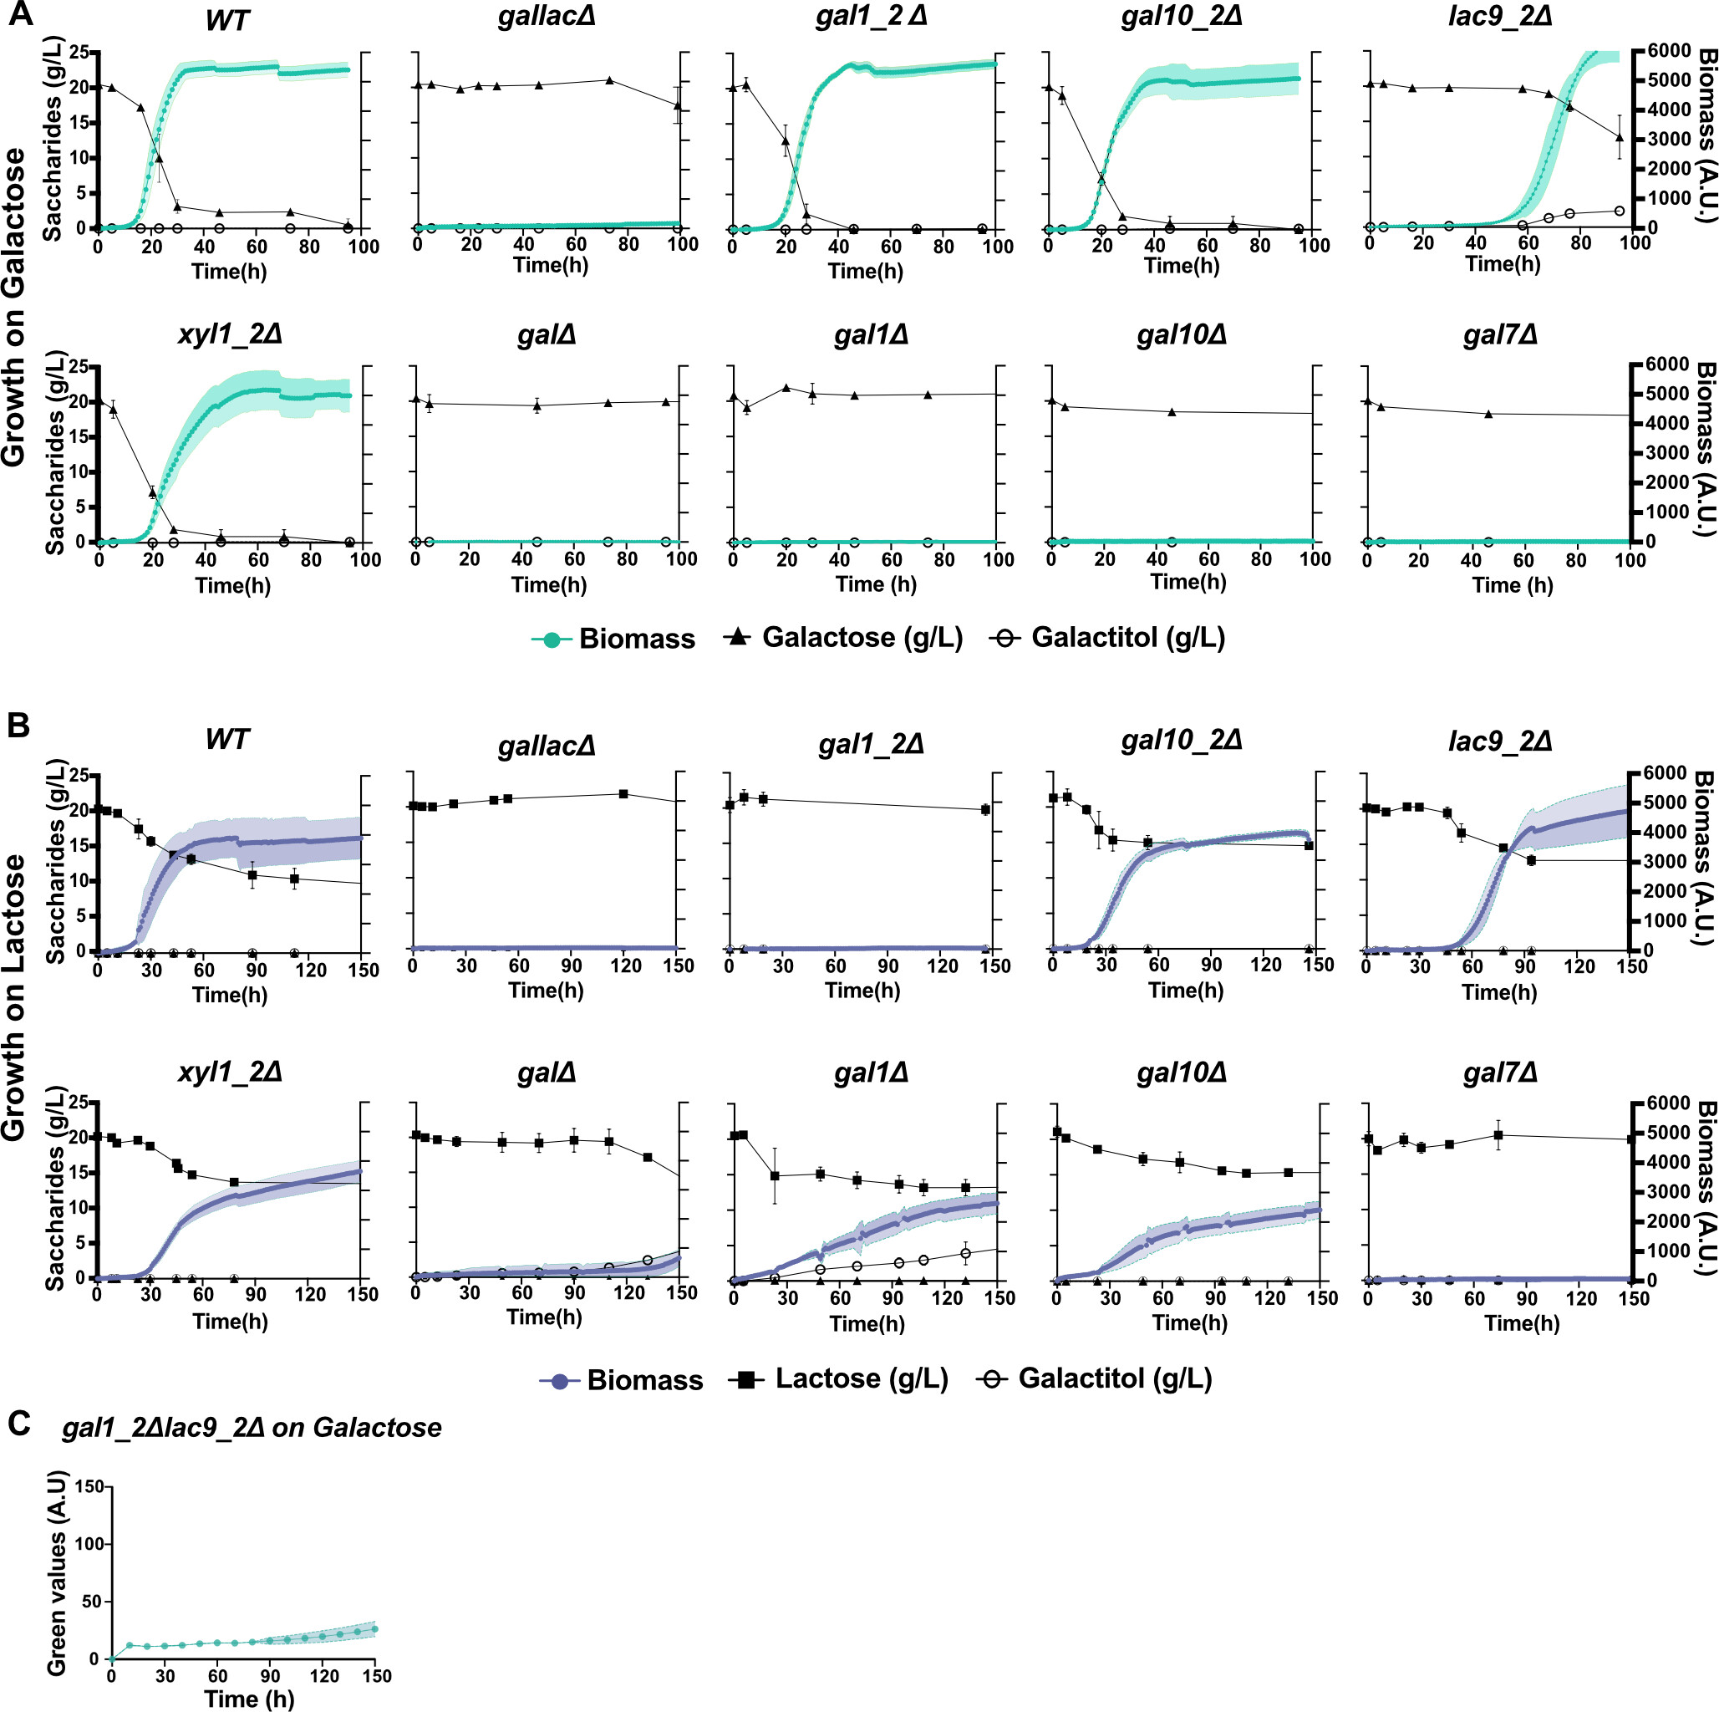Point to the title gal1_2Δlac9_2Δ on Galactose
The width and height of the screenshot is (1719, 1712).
[x=252, y=1427]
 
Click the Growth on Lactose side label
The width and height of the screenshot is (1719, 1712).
[x=14, y=996]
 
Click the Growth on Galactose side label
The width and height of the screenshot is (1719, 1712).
[x=14, y=307]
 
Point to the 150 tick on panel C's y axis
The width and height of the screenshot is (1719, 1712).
[x=89, y=1486]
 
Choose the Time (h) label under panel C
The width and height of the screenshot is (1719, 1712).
[x=249, y=1699]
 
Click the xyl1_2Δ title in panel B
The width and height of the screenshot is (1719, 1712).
[x=230, y=1072]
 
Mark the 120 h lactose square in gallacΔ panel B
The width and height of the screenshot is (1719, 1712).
[x=623, y=793]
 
